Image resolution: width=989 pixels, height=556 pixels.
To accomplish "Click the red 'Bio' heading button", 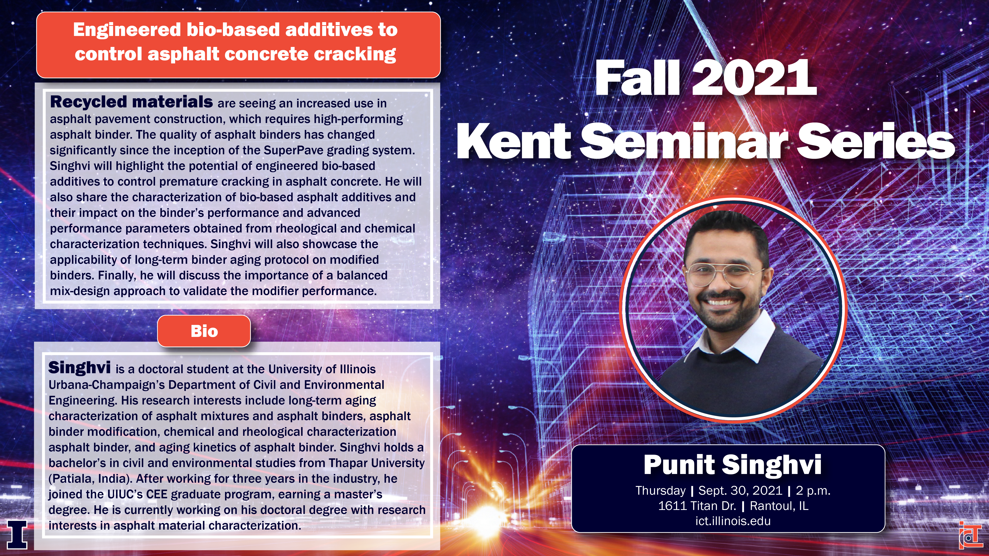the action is pos(204,331).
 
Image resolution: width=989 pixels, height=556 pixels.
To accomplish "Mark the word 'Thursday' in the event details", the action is pos(660,491).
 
